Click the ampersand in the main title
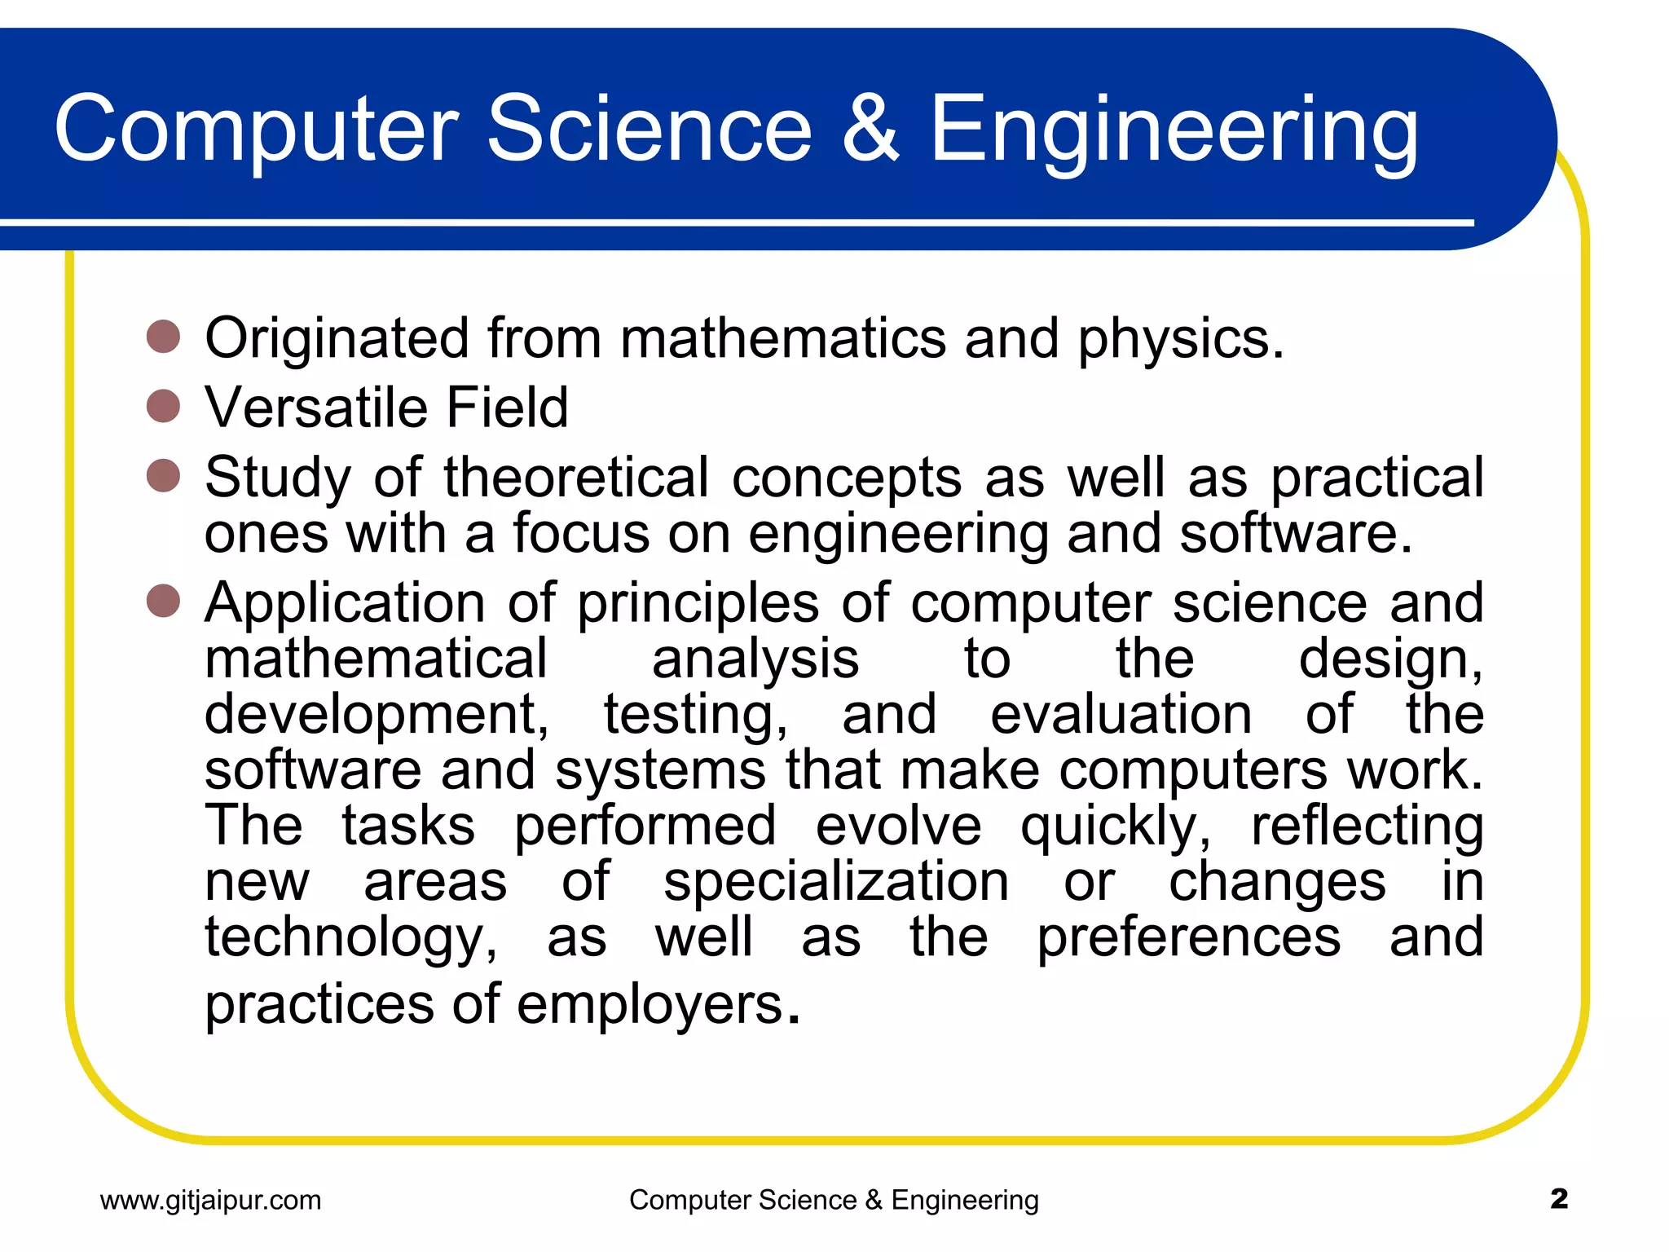(x=870, y=129)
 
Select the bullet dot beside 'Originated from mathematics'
(x=163, y=337)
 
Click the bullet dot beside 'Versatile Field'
(x=163, y=406)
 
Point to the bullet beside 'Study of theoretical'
(x=163, y=476)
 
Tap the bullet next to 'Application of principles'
(x=163, y=601)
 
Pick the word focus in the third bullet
(x=581, y=533)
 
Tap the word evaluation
(x=1121, y=714)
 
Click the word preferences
(x=1188, y=937)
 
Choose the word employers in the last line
(x=650, y=1006)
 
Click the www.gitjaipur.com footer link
(x=211, y=1200)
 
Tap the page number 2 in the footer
(x=1559, y=1199)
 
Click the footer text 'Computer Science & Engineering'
(x=834, y=1200)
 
